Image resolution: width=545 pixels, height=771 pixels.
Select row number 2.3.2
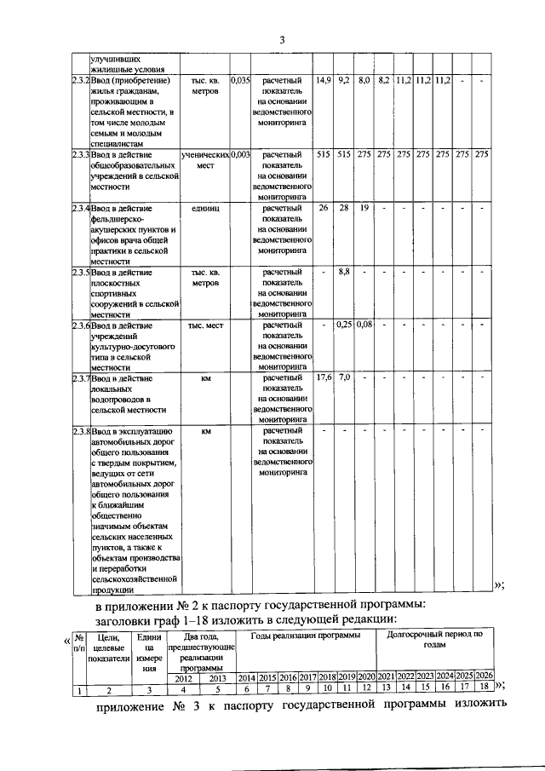click(80, 81)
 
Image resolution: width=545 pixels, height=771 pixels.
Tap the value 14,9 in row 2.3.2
click(323, 81)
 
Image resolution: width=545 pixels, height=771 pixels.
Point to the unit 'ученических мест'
click(205, 160)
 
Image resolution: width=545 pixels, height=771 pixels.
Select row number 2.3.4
click(80, 208)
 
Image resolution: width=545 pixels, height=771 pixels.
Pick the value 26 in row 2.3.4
click(323, 208)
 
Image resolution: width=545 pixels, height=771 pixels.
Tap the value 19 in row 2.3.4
click(364, 208)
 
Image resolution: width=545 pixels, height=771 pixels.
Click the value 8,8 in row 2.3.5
click(344, 273)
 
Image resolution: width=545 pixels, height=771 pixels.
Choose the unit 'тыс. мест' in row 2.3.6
click(205, 325)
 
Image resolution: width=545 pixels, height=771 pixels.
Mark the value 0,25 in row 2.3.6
click(344, 325)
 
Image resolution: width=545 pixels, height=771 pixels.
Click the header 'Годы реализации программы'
click(306, 636)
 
